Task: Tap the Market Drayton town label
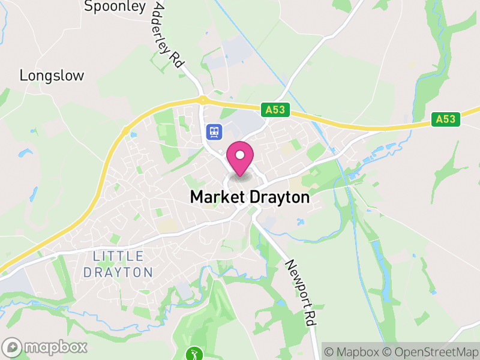(x=250, y=197)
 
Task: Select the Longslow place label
(x=52, y=76)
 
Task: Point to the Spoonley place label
(x=115, y=7)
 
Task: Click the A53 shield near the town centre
(x=276, y=110)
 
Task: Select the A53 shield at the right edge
(x=445, y=119)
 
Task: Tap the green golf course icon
(x=194, y=353)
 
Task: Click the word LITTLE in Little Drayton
(x=119, y=257)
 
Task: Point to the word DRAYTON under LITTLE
(x=119, y=272)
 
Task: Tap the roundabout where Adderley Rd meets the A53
(x=202, y=100)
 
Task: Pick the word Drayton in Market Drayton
(x=280, y=197)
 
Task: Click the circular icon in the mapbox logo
(x=12, y=347)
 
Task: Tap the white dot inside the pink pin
(x=240, y=155)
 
